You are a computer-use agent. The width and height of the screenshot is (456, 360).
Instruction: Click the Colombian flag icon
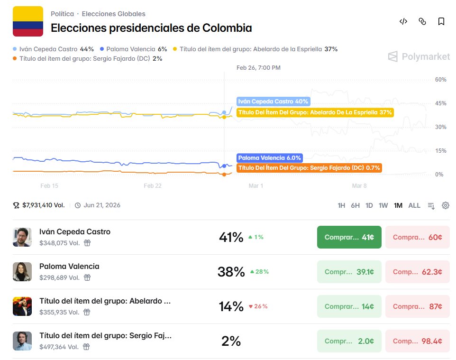tap(28, 21)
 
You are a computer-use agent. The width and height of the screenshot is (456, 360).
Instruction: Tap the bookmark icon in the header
tap(441, 21)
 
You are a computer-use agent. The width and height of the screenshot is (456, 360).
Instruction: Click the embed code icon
tap(403, 21)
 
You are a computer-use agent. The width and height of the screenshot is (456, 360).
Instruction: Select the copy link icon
tap(422, 21)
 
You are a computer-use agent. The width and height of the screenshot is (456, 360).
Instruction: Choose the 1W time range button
tap(383, 205)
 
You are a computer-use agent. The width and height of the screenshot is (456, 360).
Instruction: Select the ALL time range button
tap(414, 205)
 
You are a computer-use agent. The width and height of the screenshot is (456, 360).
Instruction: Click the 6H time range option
tap(355, 205)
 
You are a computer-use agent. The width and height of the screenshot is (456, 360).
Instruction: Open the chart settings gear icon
tap(445, 205)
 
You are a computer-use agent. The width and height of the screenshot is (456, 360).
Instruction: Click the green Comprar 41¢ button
tap(349, 237)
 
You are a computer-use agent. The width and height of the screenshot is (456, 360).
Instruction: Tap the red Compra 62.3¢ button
tap(417, 272)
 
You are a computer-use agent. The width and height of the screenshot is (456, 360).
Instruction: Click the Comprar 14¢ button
tap(349, 306)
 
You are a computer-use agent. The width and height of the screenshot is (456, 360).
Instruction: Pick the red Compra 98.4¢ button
tap(417, 341)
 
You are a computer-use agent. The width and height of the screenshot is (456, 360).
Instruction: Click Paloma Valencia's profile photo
tap(22, 272)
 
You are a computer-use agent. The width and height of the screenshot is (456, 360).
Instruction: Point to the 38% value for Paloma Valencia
tap(231, 272)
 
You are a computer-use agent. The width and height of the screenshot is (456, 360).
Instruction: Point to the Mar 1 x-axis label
tap(256, 186)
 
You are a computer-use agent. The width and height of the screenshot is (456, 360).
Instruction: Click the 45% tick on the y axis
tap(440, 103)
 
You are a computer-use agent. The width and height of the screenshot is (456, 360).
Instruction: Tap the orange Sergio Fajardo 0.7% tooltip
tap(309, 167)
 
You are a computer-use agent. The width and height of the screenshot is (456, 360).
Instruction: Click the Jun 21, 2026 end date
tap(101, 205)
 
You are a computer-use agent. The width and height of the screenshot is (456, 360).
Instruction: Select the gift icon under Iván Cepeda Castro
tap(87, 243)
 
